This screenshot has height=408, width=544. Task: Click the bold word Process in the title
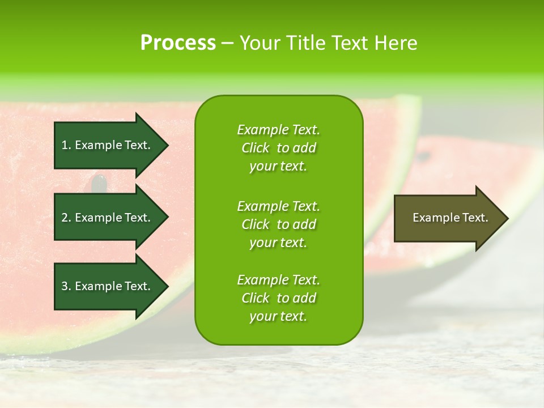pyautogui.click(x=178, y=43)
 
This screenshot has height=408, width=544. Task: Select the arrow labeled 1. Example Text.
pyautogui.click(x=108, y=145)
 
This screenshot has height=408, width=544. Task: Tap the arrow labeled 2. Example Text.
pyautogui.click(x=108, y=218)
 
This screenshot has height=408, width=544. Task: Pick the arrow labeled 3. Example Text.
pyautogui.click(x=108, y=286)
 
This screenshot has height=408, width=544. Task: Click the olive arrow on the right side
pyautogui.click(x=448, y=218)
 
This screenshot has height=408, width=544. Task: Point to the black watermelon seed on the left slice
pyautogui.click(x=100, y=183)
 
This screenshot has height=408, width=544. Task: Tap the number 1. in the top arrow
pyautogui.click(x=66, y=145)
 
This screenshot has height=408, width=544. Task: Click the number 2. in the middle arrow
pyautogui.click(x=66, y=218)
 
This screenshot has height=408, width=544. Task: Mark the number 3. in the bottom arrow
pyautogui.click(x=66, y=286)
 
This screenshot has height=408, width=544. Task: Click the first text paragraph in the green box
pyautogui.click(x=278, y=148)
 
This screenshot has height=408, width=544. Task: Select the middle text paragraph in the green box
pyautogui.click(x=278, y=224)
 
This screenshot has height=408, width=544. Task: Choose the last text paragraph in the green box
pyautogui.click(x=278, y=298)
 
